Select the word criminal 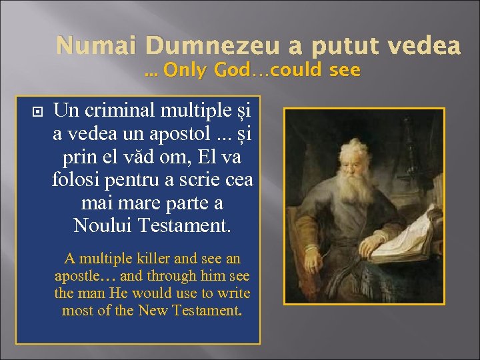point(116,109)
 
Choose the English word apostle point(77,275)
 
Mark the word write point(233,293)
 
